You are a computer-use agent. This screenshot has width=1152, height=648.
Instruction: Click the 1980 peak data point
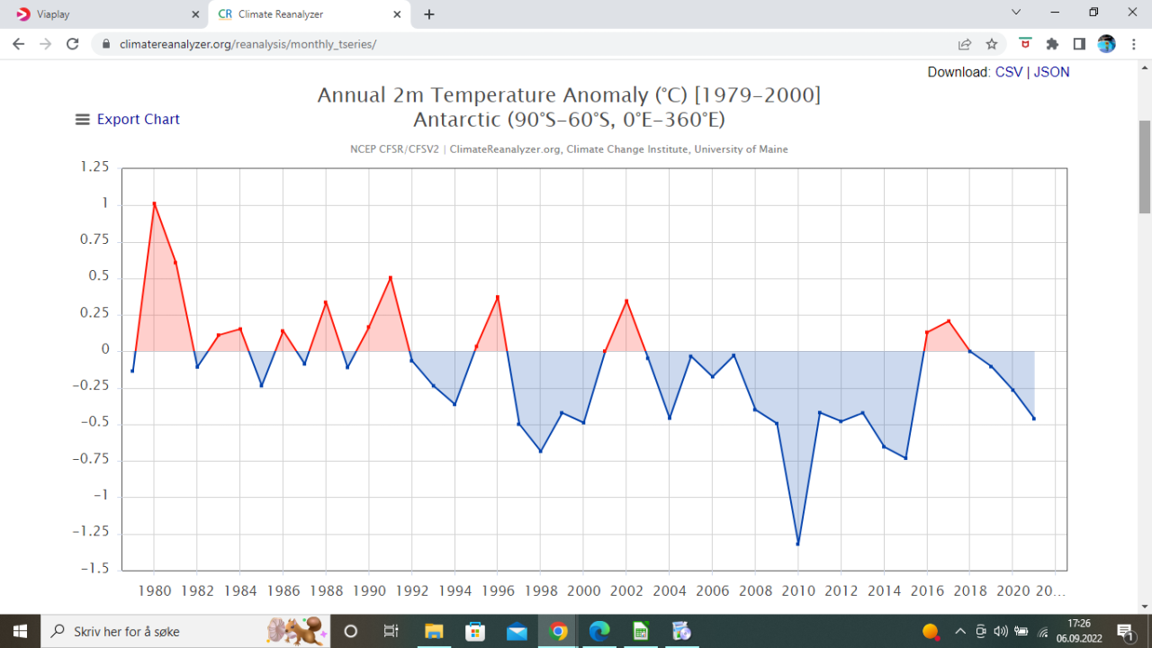[x=154, y=203]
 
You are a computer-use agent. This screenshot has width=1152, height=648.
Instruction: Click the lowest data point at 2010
[x=797, y=544]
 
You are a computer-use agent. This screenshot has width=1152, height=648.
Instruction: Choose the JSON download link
[x=1051, y=72]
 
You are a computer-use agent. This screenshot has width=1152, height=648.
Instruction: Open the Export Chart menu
[x=128, y=119]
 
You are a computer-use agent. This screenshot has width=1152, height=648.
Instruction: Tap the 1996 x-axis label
[x=498, y=591]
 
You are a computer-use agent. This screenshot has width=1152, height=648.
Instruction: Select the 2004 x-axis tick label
[x=669, y=591]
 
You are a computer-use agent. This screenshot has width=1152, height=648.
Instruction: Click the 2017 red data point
[x=949, y=321]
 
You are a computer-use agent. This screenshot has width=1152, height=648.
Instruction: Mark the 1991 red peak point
[x=391, y=277]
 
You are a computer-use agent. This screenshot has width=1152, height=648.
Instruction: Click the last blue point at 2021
[x=1034, y=418]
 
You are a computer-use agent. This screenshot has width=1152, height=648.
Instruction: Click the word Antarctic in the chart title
[x=459, y=120]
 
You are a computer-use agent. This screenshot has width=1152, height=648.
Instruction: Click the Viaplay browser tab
[x=103, y=14]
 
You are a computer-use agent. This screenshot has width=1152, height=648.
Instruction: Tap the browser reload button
[x=73, y=44]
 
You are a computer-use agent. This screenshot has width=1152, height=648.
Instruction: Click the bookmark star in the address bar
[x=992, y=44]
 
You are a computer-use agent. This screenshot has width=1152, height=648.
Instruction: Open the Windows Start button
[x=20, y=631]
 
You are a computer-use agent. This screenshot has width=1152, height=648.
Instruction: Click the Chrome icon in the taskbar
[x=558, y=631]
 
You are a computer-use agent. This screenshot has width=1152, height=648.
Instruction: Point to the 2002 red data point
[x=626, y=301]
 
